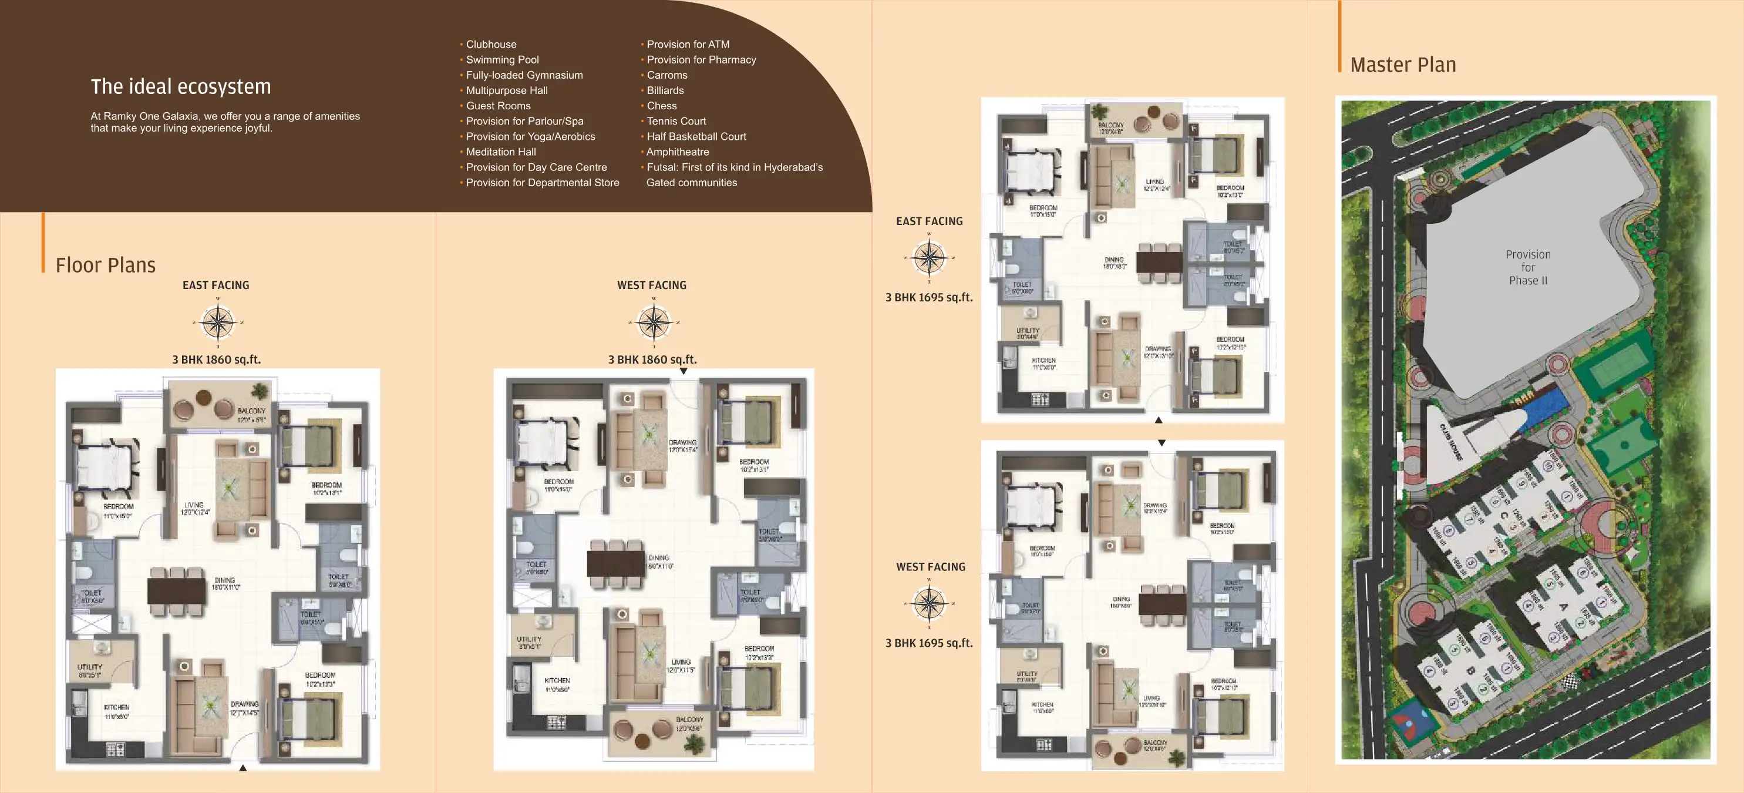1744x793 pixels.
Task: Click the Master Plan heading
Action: [x=1402, y=65]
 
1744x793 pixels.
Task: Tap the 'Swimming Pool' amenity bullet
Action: [x=501, y=59]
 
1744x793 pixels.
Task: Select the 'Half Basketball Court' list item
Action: [x=695, y=136]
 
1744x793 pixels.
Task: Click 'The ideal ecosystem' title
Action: [x=181, y=87]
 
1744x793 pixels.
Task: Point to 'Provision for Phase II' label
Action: [x=1528, y=267]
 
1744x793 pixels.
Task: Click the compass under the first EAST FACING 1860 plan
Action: [x=218, y=322]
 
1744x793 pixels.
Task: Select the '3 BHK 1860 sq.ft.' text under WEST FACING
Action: [x=652, y=359]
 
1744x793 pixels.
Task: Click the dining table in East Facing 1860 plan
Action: [x=176, y=590]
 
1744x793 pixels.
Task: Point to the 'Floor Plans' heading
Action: [x=106, y=265]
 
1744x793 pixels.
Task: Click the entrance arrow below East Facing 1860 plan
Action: [x=243, y=768]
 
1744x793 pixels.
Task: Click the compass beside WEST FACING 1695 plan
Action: [x=929, y=603]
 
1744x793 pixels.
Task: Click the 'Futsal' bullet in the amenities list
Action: [x=734, y=167]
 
